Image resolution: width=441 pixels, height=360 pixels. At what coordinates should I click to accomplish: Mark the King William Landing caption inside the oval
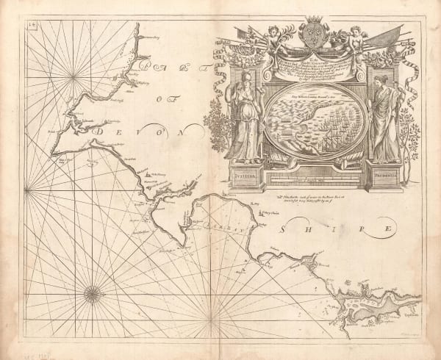309,95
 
